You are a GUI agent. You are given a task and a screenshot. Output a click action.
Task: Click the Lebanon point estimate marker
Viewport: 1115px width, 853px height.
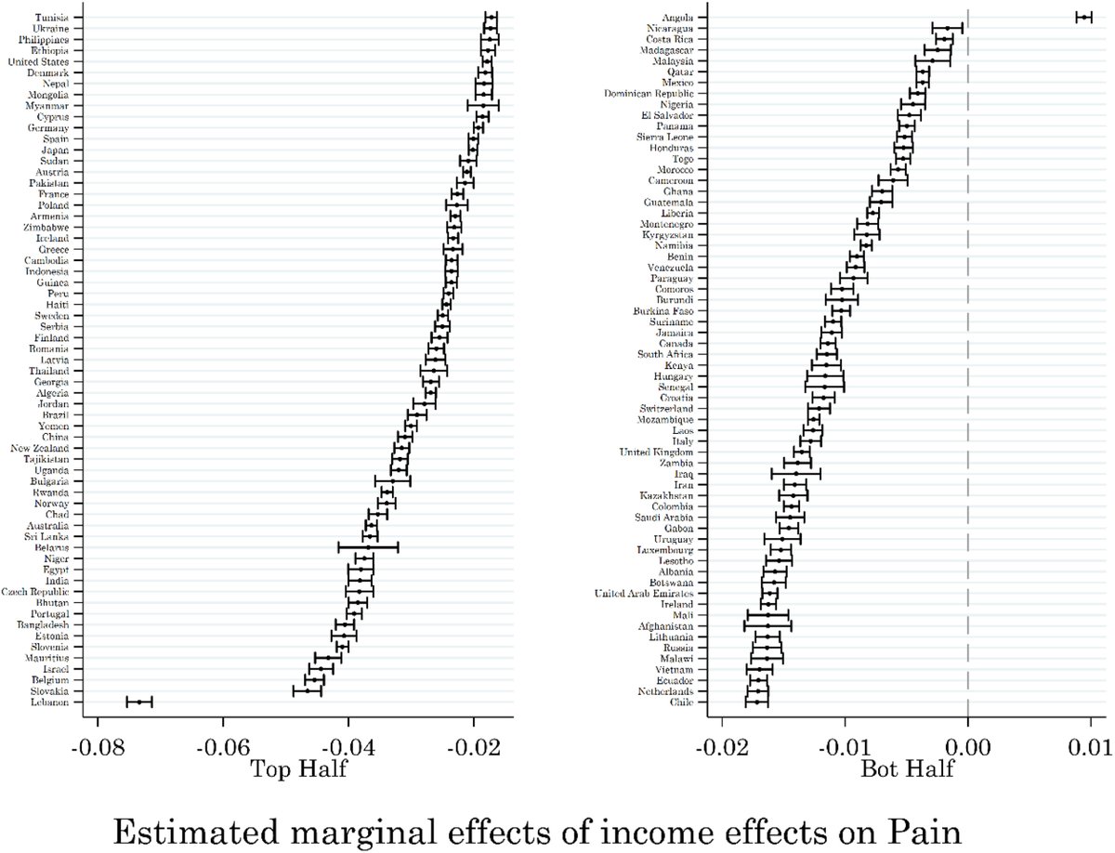click(x=138, y=702)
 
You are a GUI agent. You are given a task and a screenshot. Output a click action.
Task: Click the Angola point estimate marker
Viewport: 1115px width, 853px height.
click(x=1083, y=17)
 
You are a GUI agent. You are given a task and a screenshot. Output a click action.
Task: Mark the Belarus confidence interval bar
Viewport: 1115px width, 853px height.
click(x=368, y=547)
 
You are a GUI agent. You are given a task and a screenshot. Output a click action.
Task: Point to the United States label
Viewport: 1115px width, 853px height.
click(x=45, y=61)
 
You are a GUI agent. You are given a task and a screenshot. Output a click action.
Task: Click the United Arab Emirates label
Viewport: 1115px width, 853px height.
click(x=644, y=594)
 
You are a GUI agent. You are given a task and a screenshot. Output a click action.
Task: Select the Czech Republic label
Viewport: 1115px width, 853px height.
click(x=41, y=592)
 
